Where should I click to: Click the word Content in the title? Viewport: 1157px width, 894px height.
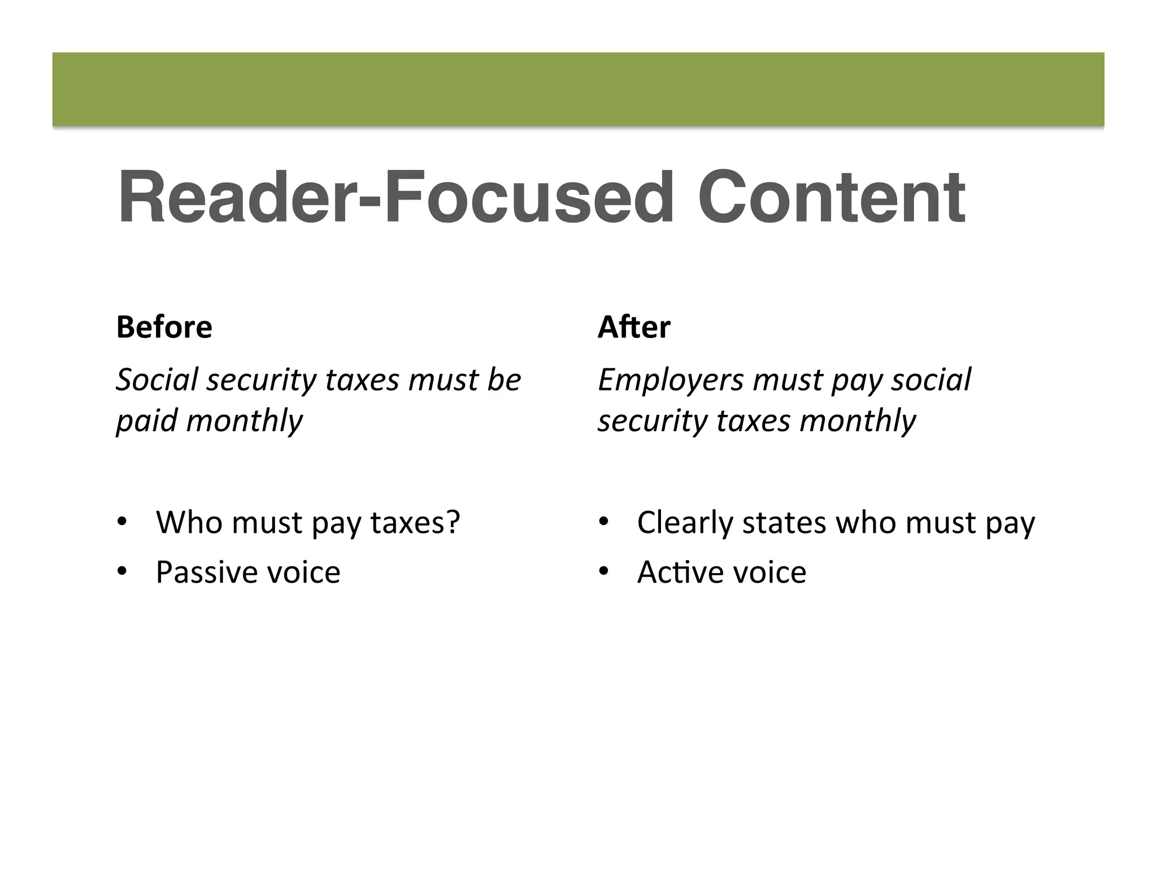[831, 198]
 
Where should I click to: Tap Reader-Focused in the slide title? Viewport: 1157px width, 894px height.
[395, 198]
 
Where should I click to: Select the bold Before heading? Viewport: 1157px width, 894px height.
[164, 327]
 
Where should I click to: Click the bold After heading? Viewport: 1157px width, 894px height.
[634, 327]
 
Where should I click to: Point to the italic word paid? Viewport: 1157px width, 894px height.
[146, 421]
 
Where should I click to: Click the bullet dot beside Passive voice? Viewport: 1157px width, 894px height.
[121, 572]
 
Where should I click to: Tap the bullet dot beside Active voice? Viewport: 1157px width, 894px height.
[603, 572]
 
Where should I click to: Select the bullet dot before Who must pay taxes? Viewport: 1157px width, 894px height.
[121, 522]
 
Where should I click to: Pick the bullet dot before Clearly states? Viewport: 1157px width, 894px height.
[603, 522]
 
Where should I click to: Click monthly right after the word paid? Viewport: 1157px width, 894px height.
[244, 421]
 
